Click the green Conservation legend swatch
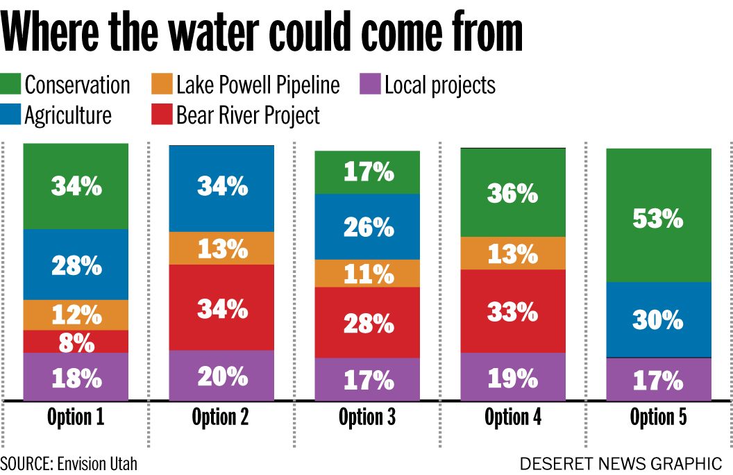click(x=11, y=85)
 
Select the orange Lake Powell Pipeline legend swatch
click(x=162, y=85)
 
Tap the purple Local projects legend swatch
click(x=371, y=85)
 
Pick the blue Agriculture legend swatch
click(x=11, y=115)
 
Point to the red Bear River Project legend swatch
click(x=162, y=115)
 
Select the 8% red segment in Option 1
click(x=76, y=341)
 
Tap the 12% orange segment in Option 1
click(x=76, y=315)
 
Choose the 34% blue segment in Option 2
click(x=221, y=188)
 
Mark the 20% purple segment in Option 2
click(x=221, y=376)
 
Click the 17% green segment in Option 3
click(x=367, y=172)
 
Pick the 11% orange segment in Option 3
click(x=367, y=273)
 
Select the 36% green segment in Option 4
click(x=513, y=193)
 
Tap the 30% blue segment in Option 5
click(x=659, y=319)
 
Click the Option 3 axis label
click(x=367, y=417)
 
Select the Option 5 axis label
click(x=659, y=417)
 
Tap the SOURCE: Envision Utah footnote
click(x=69, y=463)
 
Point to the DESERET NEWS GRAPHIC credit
click(x=621, y=463)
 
